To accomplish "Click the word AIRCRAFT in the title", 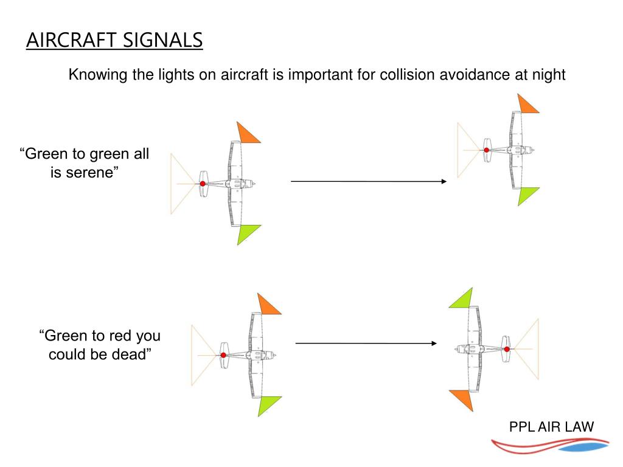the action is click(x=72, y=40).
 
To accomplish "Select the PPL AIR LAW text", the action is click(x=551, y=426).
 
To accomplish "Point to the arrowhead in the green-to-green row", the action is click(x=444, y=181).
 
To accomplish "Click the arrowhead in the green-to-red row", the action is click(x=434, y=344).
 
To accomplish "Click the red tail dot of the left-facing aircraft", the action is click(x=506, y=349).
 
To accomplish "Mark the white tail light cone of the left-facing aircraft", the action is click(x=527, y=349).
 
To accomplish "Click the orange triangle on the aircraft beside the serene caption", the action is click(x=248, y=133).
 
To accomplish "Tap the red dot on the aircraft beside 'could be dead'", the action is click(x=223, y=355).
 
